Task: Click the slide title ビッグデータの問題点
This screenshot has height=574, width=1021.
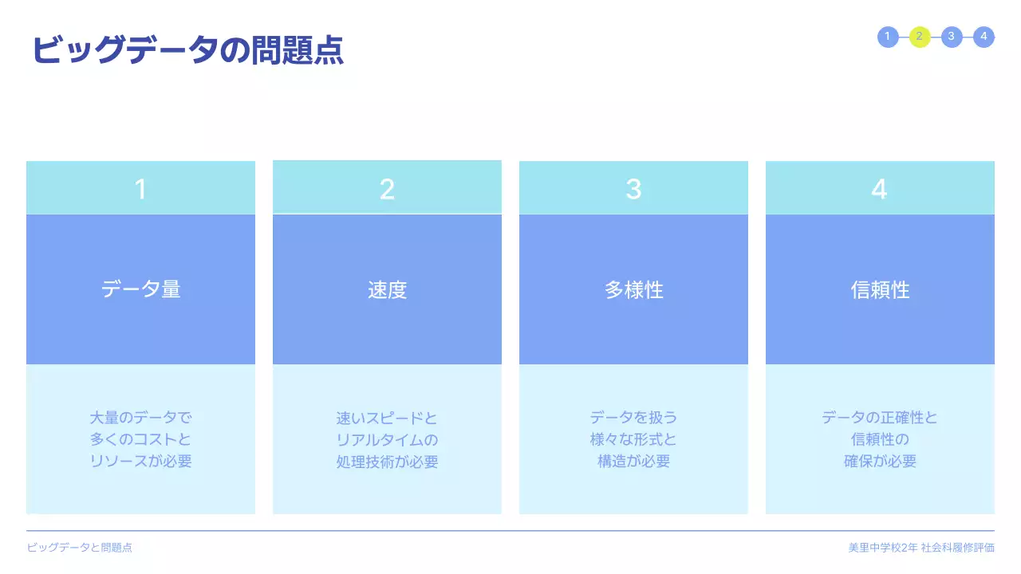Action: click(187, 50)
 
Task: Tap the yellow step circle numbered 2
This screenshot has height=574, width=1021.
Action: click(920, 37)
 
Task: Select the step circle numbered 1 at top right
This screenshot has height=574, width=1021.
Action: click(888, 37)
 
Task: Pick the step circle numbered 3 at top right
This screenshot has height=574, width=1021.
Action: click(952, 37)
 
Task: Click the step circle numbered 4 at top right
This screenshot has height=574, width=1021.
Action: click(984, 37)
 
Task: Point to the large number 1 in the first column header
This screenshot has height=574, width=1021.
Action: click(140, 189)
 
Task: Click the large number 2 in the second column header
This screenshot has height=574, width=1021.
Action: click(387, 189)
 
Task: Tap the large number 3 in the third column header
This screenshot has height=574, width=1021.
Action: click(633, 189)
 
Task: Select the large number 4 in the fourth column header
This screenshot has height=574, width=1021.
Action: click(879, 189)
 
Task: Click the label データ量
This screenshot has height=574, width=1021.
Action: click(140, 289)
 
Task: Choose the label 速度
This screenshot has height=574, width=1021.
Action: click(387, 290)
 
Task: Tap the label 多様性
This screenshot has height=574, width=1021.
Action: click(633, 290)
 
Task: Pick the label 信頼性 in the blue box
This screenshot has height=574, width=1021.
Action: click(880, 290)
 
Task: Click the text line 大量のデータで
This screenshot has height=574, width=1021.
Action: click(140, 418)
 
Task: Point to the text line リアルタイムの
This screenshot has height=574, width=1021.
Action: click(387, 440)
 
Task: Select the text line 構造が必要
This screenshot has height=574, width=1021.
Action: click(633, 462)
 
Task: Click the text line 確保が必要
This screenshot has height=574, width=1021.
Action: click(880, 462)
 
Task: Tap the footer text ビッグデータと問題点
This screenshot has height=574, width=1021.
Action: click(79, 548)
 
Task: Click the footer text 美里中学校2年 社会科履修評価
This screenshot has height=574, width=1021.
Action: click(921, 548)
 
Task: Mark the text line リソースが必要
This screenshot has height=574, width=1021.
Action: click(140, 462)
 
